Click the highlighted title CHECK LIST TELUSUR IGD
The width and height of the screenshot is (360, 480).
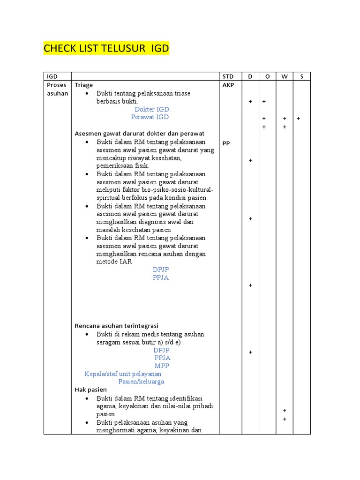pyautogui.click(x=106, y=48)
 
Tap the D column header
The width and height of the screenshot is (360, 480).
pyautogui.click(x=250, y=77)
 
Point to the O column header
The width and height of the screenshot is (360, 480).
pyautogui.click(x=267, y=77)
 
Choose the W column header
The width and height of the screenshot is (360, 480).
pyautogui.click(x=284, y=77)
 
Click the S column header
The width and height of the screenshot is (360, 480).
pyautogui.click(x=301, y=77)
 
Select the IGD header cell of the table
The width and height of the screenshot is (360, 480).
pyautogui.click(x=51, y=77)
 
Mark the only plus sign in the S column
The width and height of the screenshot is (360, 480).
pyautogui.click(x=298, y=119)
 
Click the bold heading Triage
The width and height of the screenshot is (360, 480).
pyautogui.click(x=84, y=85)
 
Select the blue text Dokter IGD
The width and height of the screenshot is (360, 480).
pyautogui.click(x=150, y=109)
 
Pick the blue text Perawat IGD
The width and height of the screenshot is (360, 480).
pyautogui.click(x=150, y=117)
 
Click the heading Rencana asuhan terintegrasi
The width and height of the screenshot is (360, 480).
pyautogui.click(x=117, y=326)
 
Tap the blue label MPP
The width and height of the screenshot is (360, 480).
pyautogui.click(x=162, y=366)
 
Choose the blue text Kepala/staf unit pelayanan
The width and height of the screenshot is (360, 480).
pyautogui.click(x=123, y=374)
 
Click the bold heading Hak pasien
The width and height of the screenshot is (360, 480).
pyautogui.click(x=91, y=390)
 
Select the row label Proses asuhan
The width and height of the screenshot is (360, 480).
pyautogui.click(x=57, y=89)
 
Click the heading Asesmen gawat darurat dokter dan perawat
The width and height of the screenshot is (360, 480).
pyautogui.click(x=139, y=134)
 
